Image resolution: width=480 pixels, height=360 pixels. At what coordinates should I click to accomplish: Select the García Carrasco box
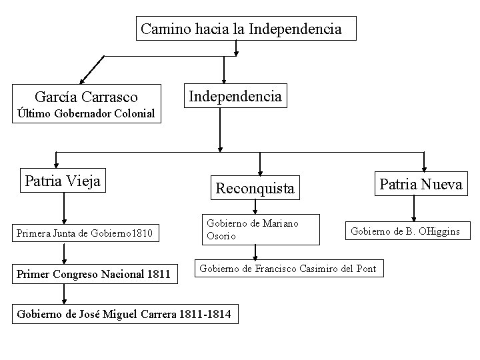[x=87, y=97]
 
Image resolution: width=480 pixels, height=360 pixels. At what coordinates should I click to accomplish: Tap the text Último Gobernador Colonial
[x=86, y=114]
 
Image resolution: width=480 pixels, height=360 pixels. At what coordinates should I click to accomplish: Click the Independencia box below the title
[x=235, y=95]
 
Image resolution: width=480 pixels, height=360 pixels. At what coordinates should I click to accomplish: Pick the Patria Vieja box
[x=62, y=181]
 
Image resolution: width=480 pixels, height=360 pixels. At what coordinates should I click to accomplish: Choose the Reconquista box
[x=254, y=189]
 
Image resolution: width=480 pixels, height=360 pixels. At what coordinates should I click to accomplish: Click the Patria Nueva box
[x=420, y=184]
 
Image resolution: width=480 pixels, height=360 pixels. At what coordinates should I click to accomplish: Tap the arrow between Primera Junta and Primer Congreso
[x=64, y=254]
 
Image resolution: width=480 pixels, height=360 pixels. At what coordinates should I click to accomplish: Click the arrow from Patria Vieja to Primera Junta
[x=64, y=208]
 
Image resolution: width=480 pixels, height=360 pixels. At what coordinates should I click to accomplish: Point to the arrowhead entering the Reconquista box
[x=260, y=170]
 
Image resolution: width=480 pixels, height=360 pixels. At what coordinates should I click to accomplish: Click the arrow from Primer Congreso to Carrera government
[x=64, y=293]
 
